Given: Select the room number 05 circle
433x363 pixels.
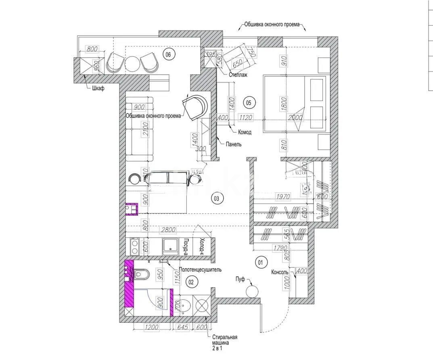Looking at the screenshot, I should (248, 103).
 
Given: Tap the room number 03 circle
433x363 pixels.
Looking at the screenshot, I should (216, 198).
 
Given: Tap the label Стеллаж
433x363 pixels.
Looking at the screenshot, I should (238, 75).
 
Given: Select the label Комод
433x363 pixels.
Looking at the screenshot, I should (245, 132).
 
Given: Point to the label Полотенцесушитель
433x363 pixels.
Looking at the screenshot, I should (199, 270).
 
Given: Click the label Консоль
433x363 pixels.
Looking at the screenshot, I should (280, 272).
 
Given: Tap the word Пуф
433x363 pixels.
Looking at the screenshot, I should (241, 279).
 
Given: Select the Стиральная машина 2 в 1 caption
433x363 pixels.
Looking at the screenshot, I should (224, 342).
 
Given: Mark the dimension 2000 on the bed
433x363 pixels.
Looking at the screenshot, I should (297, 117).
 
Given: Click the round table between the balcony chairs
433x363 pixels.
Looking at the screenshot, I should (132, 63).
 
